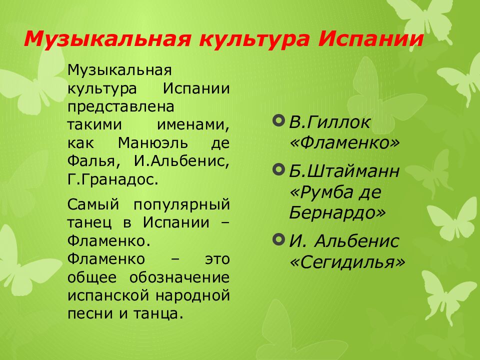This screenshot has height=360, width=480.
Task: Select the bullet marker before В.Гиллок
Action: click(x=279, y=120)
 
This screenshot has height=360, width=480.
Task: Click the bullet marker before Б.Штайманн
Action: click(x=279, y=170)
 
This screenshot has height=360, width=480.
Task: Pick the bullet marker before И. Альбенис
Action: click(x=279, y=239)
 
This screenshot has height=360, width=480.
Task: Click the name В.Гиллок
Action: click(x=330, y=122)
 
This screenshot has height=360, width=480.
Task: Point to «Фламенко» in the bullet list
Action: click(x=345, y=143)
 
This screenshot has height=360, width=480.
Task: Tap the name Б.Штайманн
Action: click(x=344, y=171)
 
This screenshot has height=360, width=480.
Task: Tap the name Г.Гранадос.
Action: click(x=113, y=179)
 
